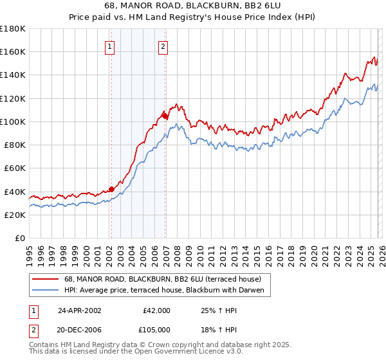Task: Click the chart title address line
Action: coord(192,6)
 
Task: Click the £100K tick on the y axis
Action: coord(13,122)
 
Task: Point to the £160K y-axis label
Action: coord(13,51)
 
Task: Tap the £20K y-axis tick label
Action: coord(15,215)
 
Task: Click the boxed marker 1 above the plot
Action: coord(110,46)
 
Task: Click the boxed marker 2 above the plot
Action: coord(163,46)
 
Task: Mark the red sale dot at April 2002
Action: coord(111,189)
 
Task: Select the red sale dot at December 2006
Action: coord(165,116)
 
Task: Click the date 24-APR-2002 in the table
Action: coord(80,310)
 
